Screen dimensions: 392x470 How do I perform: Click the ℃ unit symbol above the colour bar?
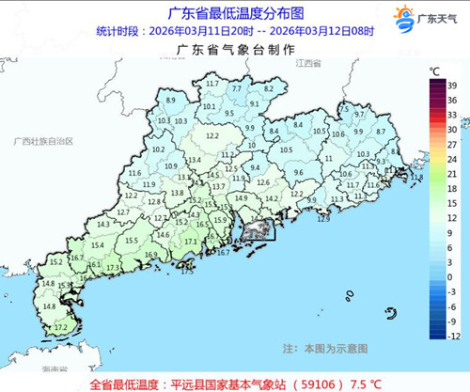435,71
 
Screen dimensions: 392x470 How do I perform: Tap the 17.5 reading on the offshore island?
186,271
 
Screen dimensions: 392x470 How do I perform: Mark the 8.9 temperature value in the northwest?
170,100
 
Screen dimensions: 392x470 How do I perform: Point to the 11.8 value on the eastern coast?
416,177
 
